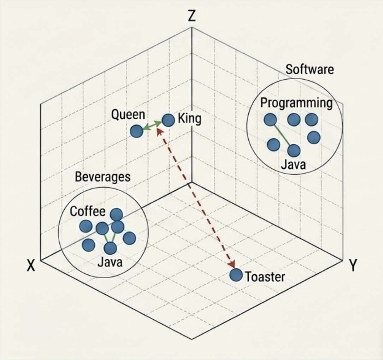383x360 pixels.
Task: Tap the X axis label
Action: coord(31,265)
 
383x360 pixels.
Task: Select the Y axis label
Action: coord(352,265)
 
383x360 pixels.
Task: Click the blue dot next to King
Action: coord(168,120)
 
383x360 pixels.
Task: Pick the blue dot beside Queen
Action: coord(136,131)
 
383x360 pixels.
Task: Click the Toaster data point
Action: coord(236,275)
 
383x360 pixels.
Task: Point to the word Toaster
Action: coord(265,277)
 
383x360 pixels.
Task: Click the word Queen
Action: coord(128,115)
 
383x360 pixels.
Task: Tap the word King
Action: coord(189,119)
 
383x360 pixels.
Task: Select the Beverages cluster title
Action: coord(102,177)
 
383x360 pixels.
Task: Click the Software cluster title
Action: coord(310,69)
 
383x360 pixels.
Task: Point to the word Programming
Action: coord(296,103)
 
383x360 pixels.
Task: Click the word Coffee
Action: coord(88,211)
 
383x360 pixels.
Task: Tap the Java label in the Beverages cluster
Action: coord(110,262)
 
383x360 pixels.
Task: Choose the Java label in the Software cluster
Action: coord(293,165)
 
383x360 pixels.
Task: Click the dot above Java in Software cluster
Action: coord(294,151)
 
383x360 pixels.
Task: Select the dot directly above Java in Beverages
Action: coord(111,248)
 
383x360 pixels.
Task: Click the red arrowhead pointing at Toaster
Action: coord(232,264)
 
